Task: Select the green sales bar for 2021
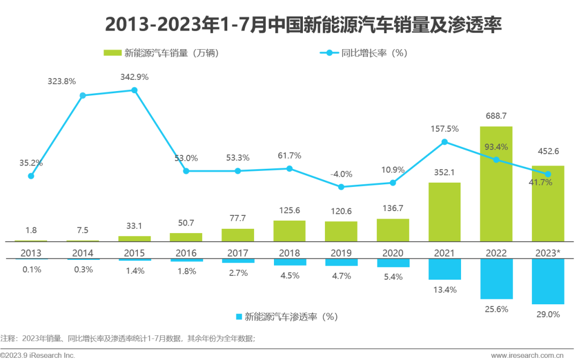coord(444,212)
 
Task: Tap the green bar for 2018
coord(289,231)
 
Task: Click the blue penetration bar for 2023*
coord(548,281)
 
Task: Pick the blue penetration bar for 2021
coord(444,269)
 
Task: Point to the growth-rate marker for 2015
coord(135,91)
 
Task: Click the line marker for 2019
coord(341,187)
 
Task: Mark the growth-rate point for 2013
coord(31,176)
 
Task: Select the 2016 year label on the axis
coord(186,253)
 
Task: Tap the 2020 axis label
coord(393,253)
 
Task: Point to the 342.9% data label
coord(135,77)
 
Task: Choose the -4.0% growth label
coord(341,174)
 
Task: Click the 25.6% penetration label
coord(496,309)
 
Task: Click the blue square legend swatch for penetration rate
coord(239,317)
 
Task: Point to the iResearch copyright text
coord(38,355)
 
